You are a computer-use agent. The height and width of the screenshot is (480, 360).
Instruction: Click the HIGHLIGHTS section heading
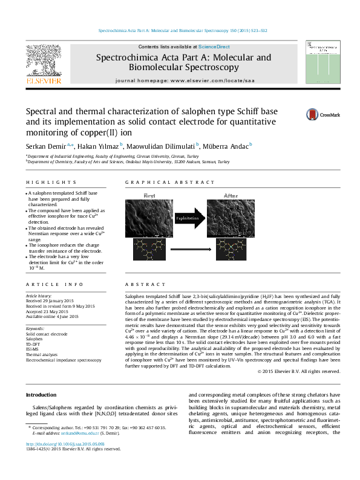[51, 183]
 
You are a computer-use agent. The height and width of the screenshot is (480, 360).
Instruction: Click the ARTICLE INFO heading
[54, 284]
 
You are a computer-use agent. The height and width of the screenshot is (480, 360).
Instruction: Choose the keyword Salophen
[34, 339]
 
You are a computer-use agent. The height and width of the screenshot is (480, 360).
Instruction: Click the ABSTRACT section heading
[140, 284]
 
